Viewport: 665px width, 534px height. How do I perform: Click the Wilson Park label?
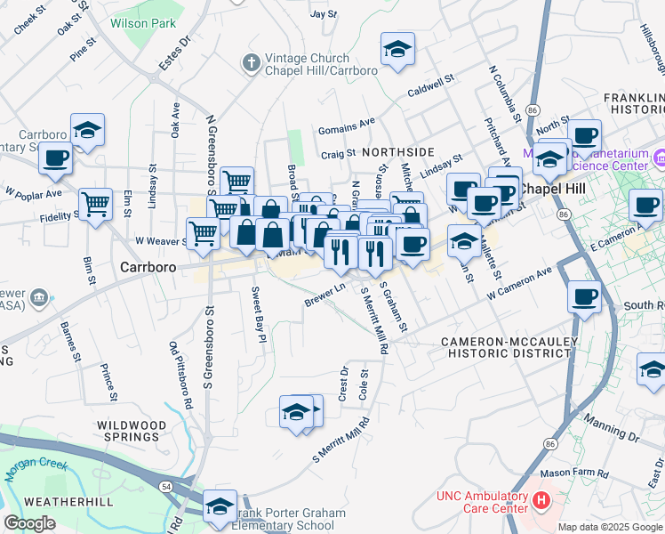click(x=142, y=24)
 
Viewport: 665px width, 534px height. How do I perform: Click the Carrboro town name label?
click(x=147, y=266)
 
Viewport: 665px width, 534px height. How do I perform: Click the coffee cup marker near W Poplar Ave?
click(x=55, y=158)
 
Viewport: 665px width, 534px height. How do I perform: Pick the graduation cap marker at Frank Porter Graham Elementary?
click(x=220, y=506)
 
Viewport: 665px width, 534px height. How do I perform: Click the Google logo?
click(x=30, y=523)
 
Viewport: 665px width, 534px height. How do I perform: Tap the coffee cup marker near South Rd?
click(x=583, y=295)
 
